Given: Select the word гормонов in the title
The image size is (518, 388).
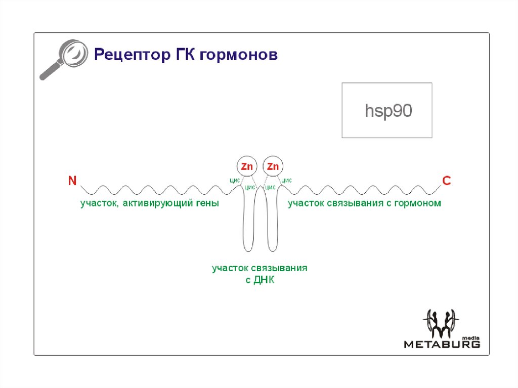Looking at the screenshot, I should pos(238,55).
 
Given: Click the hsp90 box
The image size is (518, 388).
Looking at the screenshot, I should pos(387,110).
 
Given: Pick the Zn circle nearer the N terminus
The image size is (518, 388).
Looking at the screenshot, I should pos(247,166).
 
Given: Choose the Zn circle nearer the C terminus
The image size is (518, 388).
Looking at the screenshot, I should pos(273,166).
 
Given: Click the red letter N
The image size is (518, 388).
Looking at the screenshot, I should pos(72,181).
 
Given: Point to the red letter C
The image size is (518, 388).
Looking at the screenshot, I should pos(446,181).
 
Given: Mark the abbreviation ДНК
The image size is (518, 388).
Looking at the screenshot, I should pos(264,280).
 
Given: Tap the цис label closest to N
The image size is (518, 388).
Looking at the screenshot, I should pos(234,180).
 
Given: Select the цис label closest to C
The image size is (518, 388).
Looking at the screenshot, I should pos(286,180).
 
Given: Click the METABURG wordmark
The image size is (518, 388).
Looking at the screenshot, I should pos(442,344).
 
